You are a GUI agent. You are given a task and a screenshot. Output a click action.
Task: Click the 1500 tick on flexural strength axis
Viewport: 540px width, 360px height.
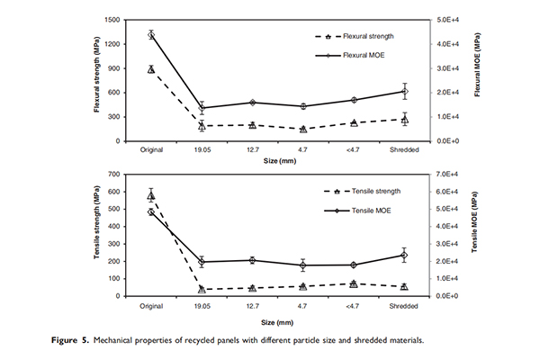click(x=112, y=19)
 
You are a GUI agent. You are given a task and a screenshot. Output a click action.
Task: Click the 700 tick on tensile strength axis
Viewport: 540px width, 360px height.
click(x=115, y=174)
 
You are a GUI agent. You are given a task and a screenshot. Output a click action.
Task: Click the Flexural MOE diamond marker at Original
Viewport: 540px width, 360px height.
click(x=151, y=35)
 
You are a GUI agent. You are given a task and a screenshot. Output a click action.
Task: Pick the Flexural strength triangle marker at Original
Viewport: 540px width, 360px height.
click(x=151, y=68)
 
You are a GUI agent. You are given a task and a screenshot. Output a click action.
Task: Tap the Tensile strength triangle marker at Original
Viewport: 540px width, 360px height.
click(x=151, y=194)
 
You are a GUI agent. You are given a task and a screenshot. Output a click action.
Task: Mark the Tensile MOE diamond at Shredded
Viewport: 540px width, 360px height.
click(x=404, y=255)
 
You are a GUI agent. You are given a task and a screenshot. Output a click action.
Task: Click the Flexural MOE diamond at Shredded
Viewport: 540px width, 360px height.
click(x=404, y=91)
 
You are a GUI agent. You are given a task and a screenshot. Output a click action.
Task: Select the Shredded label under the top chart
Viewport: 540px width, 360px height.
click(x=404, y=149)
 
